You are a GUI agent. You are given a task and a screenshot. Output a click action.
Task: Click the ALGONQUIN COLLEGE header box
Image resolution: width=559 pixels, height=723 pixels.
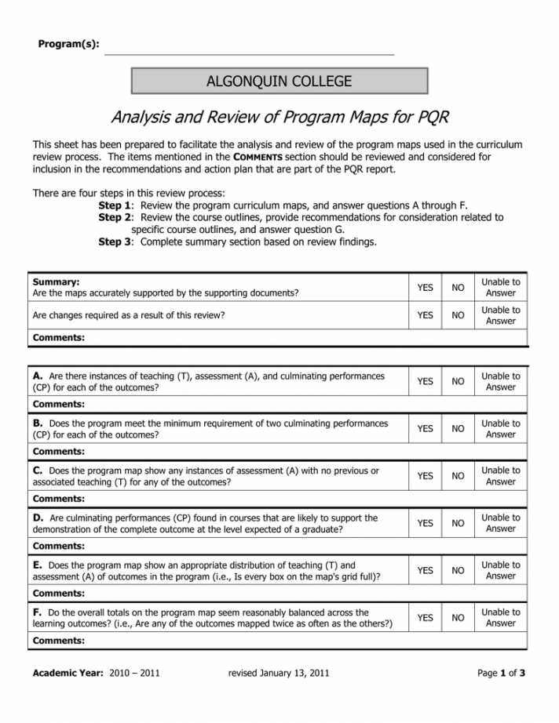coord(279,81)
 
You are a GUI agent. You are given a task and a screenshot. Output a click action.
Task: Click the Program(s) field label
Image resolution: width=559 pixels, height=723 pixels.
coord(68,44)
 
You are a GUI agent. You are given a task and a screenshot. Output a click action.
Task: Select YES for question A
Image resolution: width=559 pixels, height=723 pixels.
coord(425,382)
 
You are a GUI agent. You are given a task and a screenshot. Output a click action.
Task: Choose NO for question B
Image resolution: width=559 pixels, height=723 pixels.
coord(458,429)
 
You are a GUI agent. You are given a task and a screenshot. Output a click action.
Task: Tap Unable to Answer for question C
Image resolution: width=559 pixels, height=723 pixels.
coord(500,476)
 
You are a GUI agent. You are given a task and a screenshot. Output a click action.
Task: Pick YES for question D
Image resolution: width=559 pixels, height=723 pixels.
coord(425,523)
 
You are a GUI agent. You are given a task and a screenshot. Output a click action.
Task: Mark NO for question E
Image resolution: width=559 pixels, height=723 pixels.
coord(458,571)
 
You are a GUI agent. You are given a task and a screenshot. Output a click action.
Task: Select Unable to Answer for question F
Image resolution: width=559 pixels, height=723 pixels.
coord(500,618)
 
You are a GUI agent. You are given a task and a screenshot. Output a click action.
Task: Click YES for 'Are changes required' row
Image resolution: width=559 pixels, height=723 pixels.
coord(425,316)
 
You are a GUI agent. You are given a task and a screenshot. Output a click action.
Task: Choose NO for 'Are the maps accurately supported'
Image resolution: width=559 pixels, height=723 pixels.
coord(458,288)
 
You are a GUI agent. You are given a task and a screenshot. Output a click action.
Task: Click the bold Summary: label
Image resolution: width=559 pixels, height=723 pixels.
coord(57,282)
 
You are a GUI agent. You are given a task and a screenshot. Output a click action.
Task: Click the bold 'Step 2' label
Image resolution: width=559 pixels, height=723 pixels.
coord(115,217)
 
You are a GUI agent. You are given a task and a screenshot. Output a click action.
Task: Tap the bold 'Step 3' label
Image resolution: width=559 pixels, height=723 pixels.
coord(115,242)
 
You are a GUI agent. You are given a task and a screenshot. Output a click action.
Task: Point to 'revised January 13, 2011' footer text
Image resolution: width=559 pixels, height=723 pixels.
coord(278,673)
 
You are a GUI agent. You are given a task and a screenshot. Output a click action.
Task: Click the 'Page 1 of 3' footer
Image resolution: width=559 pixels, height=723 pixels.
coord(501,673)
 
